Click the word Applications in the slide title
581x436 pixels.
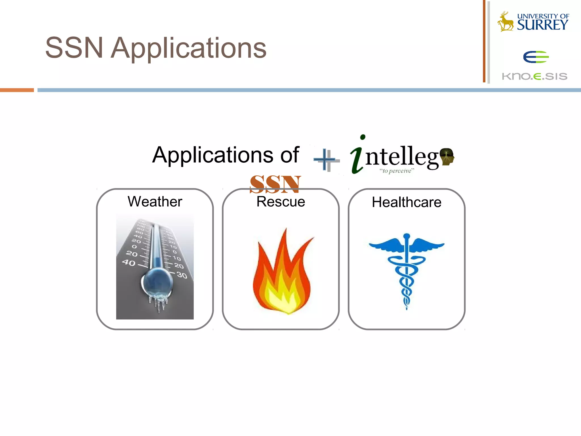[x=188, y=48]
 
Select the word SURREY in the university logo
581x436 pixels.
[x=542, y=25]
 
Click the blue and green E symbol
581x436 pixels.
[x=536, y=57]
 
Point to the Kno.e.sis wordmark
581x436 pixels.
[x=534, y=76]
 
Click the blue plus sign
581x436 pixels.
[x=325, y=160]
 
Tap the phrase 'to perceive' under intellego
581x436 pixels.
[x=397, y=171]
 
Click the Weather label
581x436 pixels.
[x=155, y=202]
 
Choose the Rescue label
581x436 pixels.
[x=281, y=202]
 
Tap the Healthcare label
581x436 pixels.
[x=407, y=202]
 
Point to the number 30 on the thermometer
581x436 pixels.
[x=182, y=275]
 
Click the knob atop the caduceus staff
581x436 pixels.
[x=407, y=236]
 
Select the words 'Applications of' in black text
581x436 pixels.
[x=226, y=155]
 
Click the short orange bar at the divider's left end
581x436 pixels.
[x=17, y=90]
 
